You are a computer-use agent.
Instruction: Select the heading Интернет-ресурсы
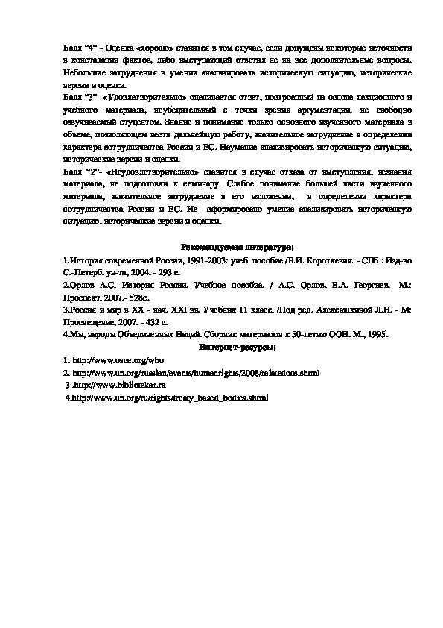pyautogui.click(x=238, y=347)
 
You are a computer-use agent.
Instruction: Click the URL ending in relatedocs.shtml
pyautogui.click(x=196, y=372)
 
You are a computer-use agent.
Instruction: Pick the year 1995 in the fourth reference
pyautogui.click(x=377, y=334)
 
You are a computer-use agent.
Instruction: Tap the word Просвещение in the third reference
pyautogui.click(x=90, y=321)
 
